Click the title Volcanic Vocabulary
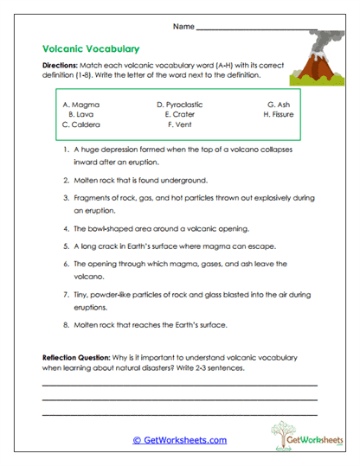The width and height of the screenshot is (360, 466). coord(90,49)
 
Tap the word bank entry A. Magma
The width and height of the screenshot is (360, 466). coord(81,104)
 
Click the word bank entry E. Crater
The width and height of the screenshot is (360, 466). coord(178,114)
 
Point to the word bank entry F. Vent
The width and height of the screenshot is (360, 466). coord(178,124)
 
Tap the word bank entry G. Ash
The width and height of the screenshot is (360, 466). coord(279,104)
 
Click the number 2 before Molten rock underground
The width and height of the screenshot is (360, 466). coord(66,181)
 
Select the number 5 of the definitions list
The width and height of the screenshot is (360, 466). coord(66,246)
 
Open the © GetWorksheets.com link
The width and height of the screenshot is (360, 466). coord(180,439)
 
